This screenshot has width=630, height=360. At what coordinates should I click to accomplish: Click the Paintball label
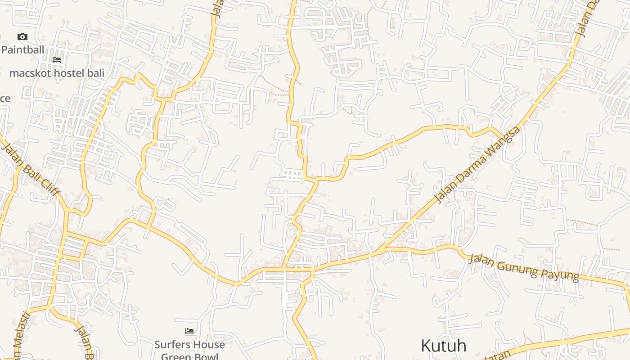(x=22, y=49)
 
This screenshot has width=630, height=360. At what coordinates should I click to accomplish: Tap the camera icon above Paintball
(x=22, y=37)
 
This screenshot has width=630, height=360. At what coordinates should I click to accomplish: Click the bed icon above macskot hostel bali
(x=57, y=59)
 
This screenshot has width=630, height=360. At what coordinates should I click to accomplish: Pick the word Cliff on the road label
(x=49, y=185)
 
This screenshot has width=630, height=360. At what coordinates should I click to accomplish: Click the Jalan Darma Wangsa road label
(x=477, y=165)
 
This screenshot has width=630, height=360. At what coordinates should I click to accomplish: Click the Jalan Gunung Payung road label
(x=523, y=267)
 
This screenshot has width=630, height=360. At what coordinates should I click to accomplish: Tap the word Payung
(x=562, y=274)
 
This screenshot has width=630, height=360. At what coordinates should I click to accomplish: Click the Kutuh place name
(x=443, y=346)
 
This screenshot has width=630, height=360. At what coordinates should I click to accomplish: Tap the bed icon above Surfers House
(x=189, y=331)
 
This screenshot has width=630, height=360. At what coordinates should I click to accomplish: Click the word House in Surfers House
(x=210, y=345)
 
